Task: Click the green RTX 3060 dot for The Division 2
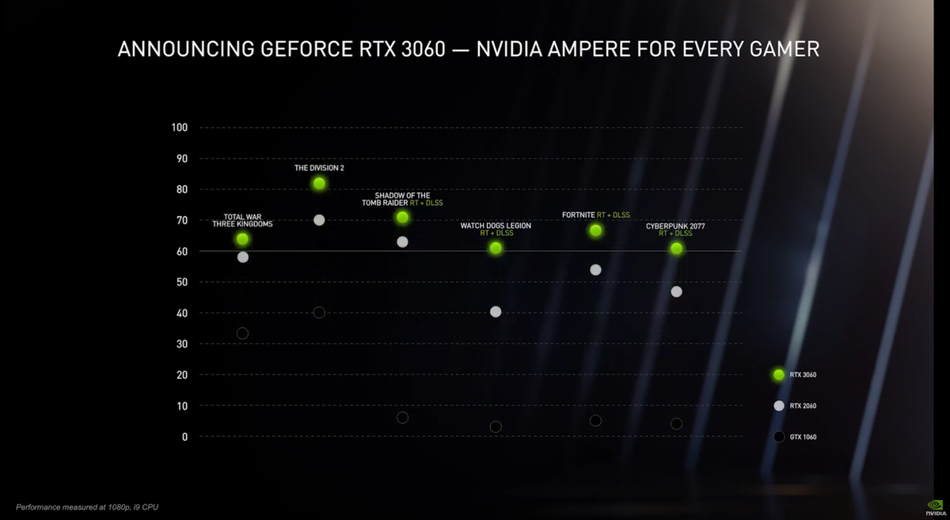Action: [x=319, y=184]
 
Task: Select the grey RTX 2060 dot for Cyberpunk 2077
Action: [x=676, y=292]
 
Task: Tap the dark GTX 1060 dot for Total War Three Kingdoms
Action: [x=242, y=333]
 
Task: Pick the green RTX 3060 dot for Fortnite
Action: [x=595, y=231]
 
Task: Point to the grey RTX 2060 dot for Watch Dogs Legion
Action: [x=496, y=312]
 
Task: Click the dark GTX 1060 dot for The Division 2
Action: [x=319, y=313]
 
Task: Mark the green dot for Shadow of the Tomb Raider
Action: [x=402, y=217]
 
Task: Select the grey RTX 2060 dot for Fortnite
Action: [x=595, y=270]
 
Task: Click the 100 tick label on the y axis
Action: [x=180, y=128]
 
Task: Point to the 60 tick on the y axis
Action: [x=182, y=252]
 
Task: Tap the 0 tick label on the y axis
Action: [x=185, y=437]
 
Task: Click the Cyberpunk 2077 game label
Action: [x=675, y=226]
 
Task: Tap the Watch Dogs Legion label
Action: [x=496, y=226]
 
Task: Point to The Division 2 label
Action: [x=319, y=168]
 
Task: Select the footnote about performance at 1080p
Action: [x=87, y=507]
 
